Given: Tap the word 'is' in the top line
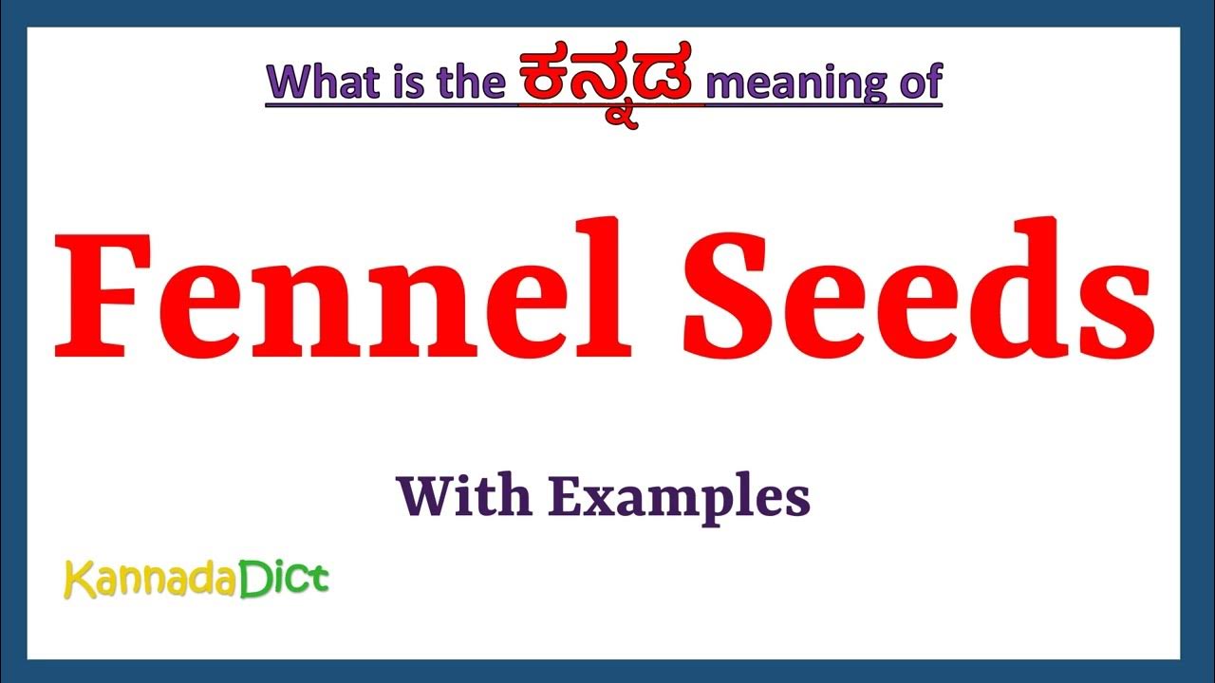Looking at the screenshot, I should [x=401, y=83].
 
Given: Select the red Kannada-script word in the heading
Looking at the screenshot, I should [x=611, y=80].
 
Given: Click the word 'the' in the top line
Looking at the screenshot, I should [x=464, y=83].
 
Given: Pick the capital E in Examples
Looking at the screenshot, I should [x=564, y=495].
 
